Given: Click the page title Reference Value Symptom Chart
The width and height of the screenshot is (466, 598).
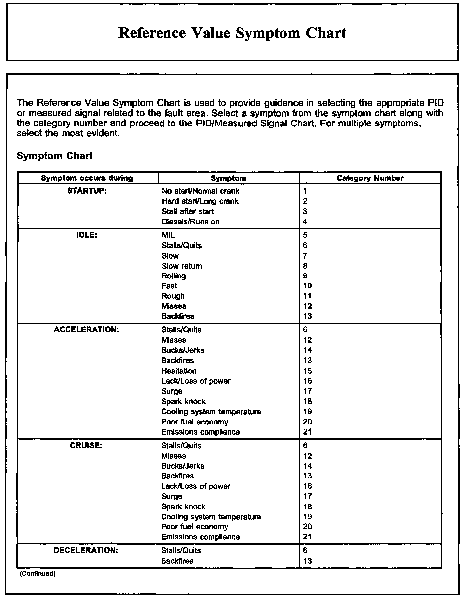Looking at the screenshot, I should click(232, 33).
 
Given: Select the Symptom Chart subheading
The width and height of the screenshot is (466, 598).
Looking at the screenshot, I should click(55, 156).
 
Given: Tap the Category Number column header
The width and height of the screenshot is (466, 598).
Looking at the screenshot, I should click(370, 178).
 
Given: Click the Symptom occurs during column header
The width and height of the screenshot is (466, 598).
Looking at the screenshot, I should click(87, 178).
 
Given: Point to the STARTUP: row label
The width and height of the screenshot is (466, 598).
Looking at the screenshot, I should click(87, 191).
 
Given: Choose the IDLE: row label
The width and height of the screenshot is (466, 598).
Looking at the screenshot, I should click(87, 235).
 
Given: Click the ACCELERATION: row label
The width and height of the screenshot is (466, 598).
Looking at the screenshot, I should click(86, 329).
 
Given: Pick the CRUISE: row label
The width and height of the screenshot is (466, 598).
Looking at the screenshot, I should click(86, 445).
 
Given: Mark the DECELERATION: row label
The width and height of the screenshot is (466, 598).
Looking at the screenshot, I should click(86, 550).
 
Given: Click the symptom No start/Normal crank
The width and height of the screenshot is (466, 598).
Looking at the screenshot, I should click(200, 191).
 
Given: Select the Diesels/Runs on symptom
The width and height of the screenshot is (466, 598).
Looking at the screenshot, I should click(190, 222).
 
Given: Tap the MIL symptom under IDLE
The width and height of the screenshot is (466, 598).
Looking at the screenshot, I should click(168, 235).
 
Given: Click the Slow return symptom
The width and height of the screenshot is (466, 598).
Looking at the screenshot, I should click(182, 266).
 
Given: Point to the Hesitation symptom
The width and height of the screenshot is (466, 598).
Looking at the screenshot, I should click(179, 371).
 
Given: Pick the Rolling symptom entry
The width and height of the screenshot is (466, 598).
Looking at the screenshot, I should click(174, 276).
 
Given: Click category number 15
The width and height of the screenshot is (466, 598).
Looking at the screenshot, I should click(307, 371).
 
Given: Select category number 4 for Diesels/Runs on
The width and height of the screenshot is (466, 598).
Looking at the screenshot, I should click(305, 222).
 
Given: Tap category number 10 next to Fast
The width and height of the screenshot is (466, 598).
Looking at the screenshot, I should click(307, 286).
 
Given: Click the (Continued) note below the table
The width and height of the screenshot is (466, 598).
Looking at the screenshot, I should click(37, 573).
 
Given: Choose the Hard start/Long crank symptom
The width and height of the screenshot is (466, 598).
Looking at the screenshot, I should click(200, 201).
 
